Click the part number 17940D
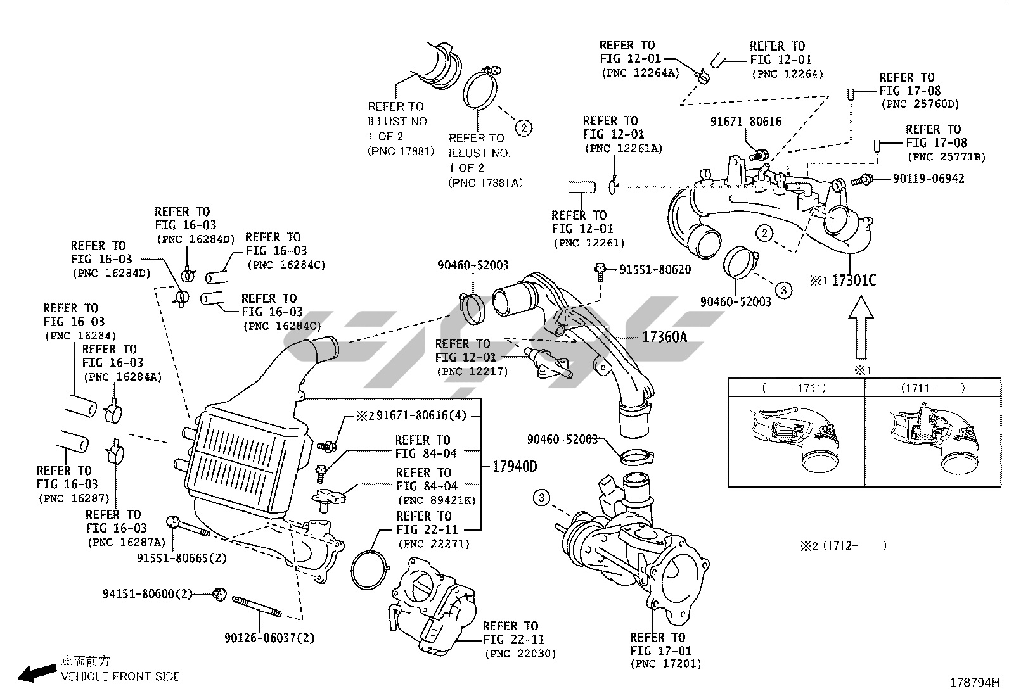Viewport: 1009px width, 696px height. [515, 467]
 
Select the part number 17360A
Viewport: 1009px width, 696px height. [664, 337]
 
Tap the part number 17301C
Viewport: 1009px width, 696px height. [853, 280]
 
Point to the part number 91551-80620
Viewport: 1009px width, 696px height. [655, 269]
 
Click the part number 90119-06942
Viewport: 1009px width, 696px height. [929, 179]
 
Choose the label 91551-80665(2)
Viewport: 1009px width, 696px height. [181, 558]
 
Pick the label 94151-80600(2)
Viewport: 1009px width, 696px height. [147, 594]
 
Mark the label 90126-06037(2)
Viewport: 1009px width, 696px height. [269, 638]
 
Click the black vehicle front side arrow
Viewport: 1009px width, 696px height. [36, 673]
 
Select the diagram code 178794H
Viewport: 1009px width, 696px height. [974, 683]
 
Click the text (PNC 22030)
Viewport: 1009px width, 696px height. [520, 654]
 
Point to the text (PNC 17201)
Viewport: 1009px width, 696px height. [665, 664]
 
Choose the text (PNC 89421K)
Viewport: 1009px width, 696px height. [436, 500]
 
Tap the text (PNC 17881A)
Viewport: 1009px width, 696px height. [485, 182]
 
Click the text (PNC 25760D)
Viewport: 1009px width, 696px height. [920, 104]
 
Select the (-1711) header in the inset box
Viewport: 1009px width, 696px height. [795, 388]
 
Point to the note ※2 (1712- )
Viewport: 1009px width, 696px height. [843, 545]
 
